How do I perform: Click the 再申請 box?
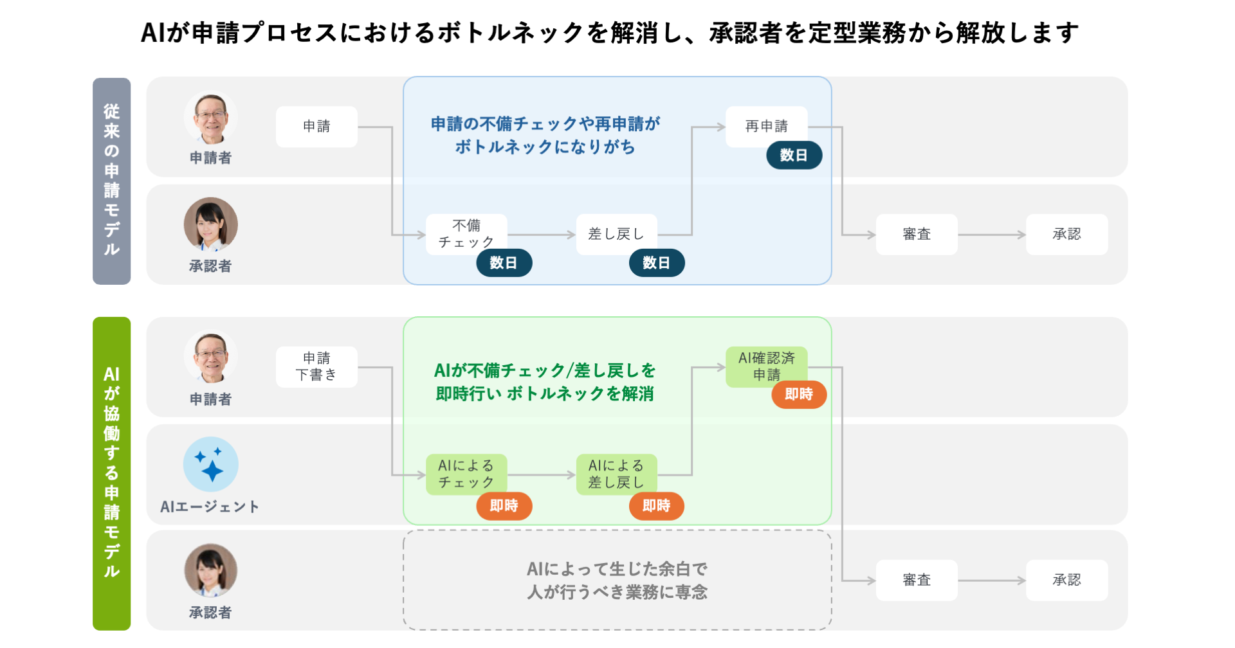pos(766,127)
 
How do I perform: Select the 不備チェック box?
pos(466,234)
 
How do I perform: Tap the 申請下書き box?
pos(316,367)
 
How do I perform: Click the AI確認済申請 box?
pos(766,366)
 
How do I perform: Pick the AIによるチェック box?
pos(466,474)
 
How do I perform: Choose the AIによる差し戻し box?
pos(616,474)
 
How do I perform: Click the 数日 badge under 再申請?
pos(794,156)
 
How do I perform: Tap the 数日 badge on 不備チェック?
pos(504,263)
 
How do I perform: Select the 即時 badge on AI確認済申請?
pos(799,395)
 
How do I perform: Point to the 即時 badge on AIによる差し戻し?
pos(656,506)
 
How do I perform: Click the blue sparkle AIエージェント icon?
pos(211,464)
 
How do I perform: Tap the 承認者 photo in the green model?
pos(211,570)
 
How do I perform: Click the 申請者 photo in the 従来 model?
pos(211,118)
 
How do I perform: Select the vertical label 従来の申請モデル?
pos(112,181)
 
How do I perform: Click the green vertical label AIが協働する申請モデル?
pos(112,473)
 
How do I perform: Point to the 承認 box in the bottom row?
pos(1066,580)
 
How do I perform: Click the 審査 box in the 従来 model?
pos(917,235)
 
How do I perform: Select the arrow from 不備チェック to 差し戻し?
pos(542,235)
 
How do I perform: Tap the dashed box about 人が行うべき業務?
pos(617,580)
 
